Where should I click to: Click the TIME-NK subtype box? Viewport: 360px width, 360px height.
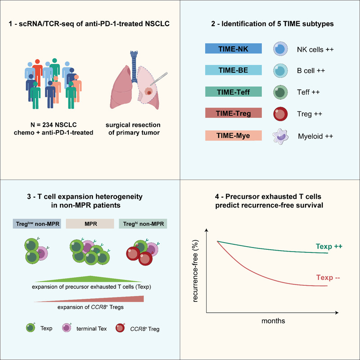coord(233,49)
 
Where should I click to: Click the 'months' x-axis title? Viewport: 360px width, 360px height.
coord(273,321)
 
